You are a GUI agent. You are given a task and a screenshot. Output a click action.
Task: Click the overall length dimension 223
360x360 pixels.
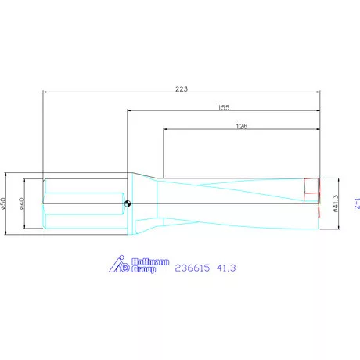182,88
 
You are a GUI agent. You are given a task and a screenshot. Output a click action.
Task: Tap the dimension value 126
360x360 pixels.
241,125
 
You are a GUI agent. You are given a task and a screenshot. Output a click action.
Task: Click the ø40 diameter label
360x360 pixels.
23,203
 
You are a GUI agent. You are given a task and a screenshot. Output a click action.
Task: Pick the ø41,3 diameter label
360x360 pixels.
335,203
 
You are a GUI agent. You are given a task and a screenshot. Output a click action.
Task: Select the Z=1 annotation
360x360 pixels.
356,204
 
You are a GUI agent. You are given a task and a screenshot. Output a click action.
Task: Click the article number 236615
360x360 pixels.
193,268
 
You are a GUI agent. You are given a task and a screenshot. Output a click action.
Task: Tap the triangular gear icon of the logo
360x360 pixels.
117,266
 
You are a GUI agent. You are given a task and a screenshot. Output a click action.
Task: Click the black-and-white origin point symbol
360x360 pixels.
127,204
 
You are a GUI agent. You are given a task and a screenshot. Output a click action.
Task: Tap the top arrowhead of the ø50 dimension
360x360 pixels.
9,175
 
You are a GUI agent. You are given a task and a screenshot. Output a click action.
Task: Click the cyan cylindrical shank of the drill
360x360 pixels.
82,204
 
